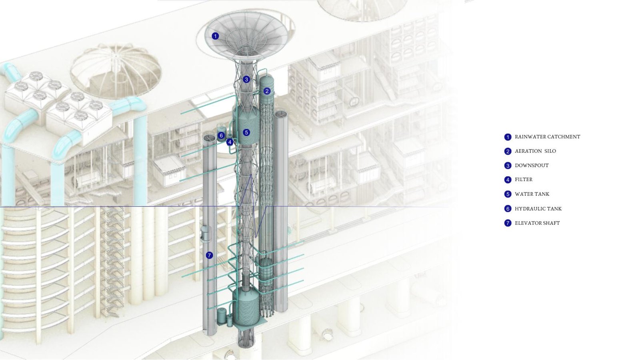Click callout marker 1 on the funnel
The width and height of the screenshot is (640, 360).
coord(215,36)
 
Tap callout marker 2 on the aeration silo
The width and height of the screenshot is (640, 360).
coord(267,91)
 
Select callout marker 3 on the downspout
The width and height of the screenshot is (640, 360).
coord(246,80)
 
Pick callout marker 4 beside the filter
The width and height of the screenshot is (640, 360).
coord(230,142)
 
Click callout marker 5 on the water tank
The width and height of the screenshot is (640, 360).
coord(246,132)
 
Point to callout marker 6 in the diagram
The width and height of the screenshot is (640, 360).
coord(221,136)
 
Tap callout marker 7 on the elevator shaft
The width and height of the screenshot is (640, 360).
coord(210,256)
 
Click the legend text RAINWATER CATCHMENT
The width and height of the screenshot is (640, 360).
coord(548,137)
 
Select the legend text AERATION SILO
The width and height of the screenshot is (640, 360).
coord(536,151)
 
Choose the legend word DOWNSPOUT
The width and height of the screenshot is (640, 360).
coord(532,166)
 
